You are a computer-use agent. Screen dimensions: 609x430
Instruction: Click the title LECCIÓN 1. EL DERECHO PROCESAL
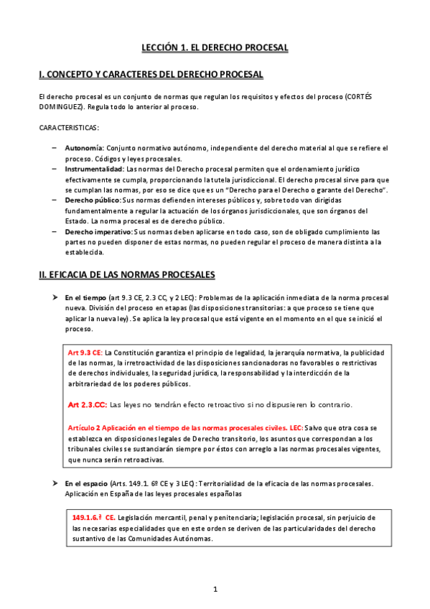coord(214,47)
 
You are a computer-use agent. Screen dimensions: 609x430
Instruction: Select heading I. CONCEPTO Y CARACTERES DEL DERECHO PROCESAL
coord(151,75)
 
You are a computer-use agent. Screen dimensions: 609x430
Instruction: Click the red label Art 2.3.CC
coord(88,405)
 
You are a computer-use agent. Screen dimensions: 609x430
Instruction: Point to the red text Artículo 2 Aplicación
coord(115,428)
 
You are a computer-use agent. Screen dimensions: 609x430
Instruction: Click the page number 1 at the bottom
coord(215,590)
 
